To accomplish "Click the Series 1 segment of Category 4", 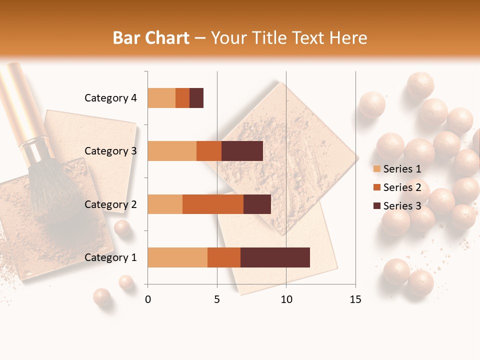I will click(161, 98).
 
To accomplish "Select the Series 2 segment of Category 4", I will click(182, 98).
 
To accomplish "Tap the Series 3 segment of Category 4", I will click(196, 98).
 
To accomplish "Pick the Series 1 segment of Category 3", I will click(172, 151).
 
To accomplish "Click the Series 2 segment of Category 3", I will click(209, 151).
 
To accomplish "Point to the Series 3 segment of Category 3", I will click(242, 151).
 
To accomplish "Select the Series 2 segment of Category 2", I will click(213, 204).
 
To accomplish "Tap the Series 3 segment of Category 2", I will click(257, 204).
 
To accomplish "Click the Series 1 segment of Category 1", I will click(177, 257).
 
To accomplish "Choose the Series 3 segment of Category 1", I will click(275, 257).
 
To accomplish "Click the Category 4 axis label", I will click(110, 98).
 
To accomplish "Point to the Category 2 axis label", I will click(110, 204).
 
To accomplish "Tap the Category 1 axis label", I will click(110, 257).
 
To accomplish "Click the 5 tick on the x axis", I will click(217, 299).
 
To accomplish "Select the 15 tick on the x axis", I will click(355, 299).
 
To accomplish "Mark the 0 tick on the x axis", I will click(148, 299).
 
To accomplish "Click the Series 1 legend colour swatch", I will click(376, 169).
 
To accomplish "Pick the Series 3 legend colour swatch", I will click(376, 206).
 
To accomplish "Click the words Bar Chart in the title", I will click(151, 37).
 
